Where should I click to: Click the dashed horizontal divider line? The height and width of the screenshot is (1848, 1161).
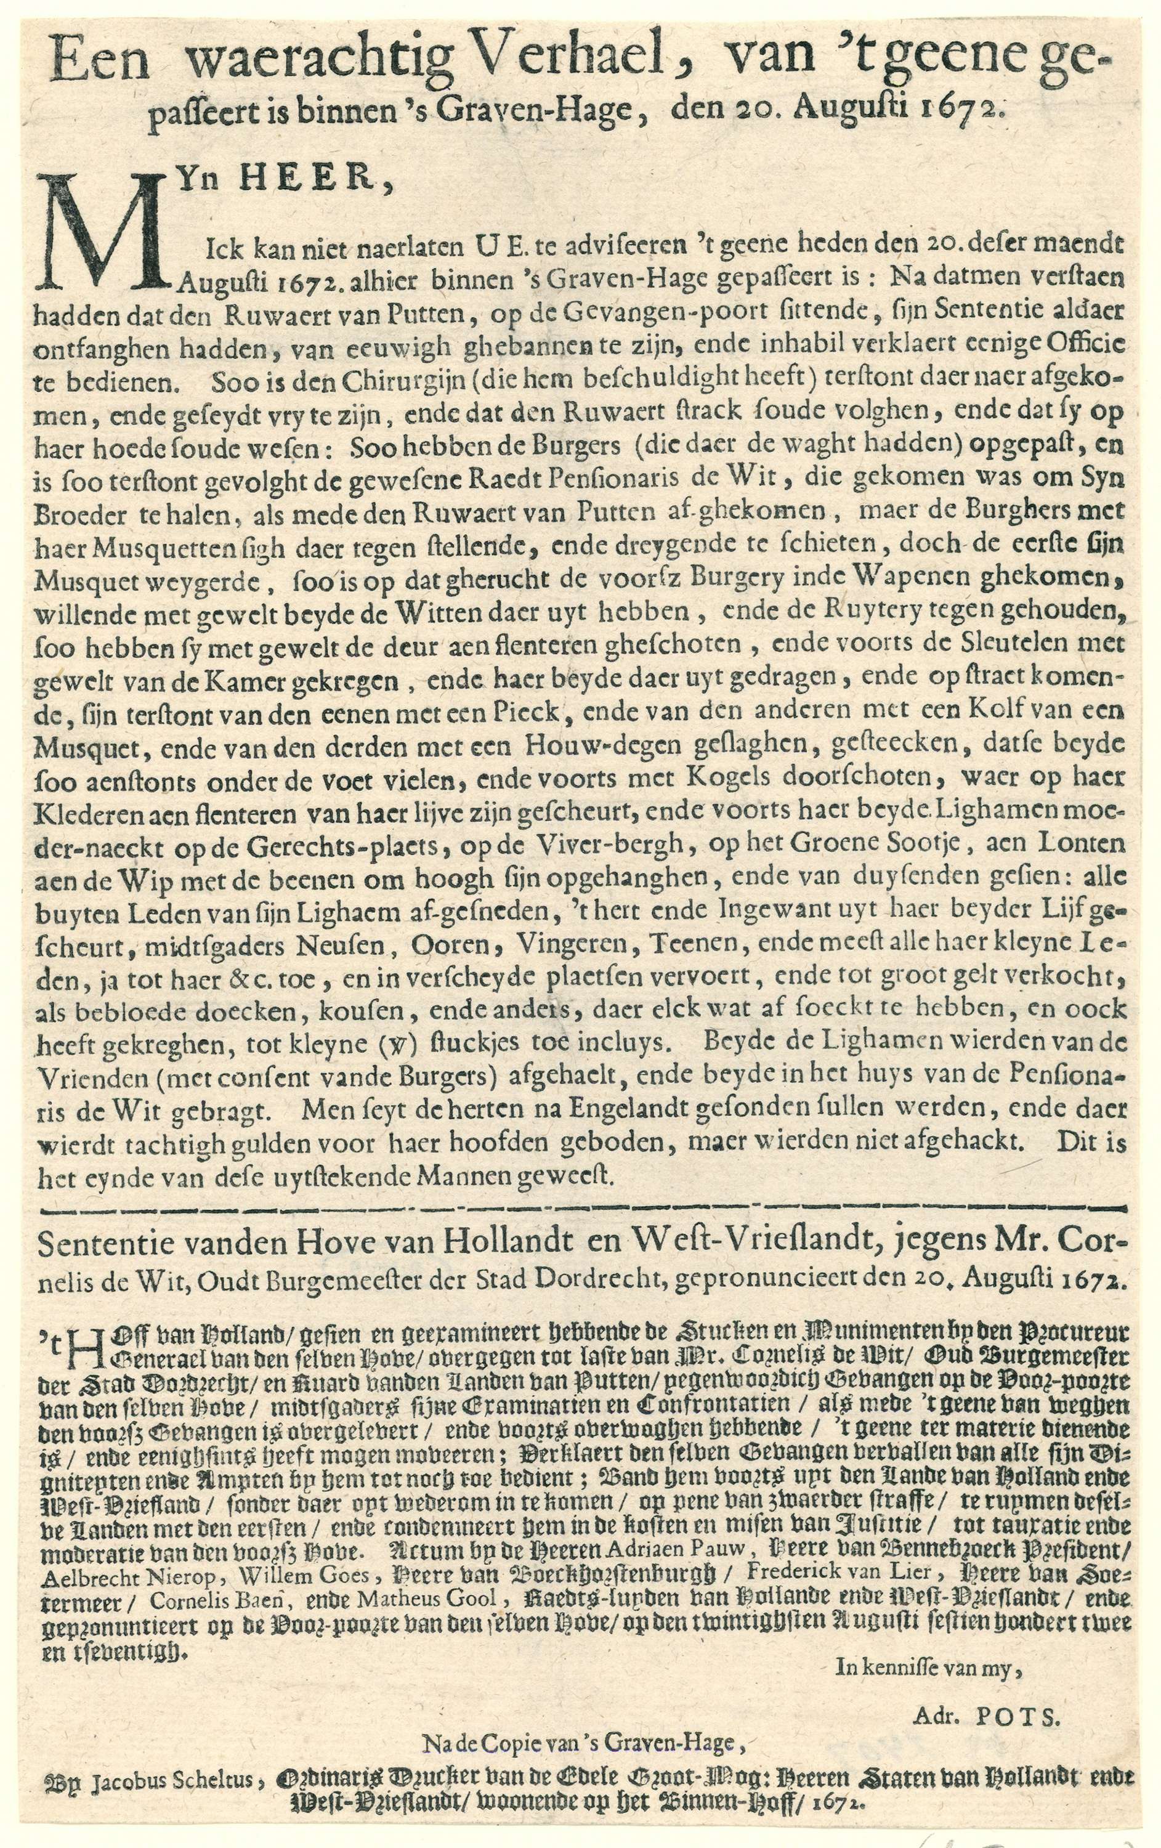(583, 1212)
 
